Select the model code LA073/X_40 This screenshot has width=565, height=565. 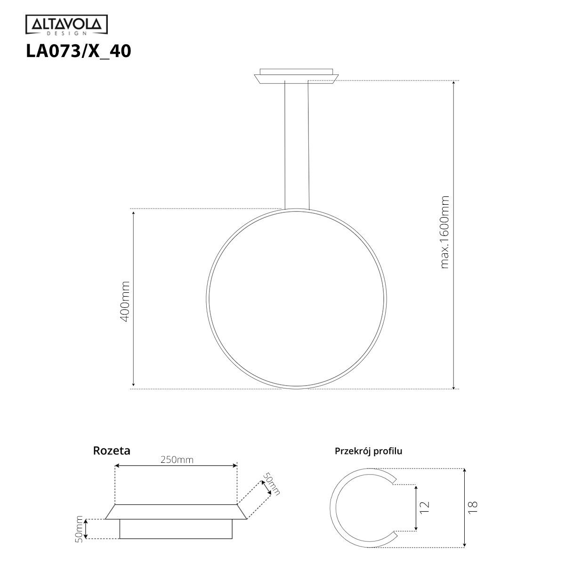coord(78,51)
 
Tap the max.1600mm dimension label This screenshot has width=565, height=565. coord(444,232)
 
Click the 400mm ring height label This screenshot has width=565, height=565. coord(125,301)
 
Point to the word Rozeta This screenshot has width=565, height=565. coord(112,451)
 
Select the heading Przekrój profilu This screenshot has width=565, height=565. coord(368,451)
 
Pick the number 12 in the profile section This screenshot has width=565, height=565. coord(425,507)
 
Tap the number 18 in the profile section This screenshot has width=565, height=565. coord(473,507)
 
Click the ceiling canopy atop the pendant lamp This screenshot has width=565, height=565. coord(296,76)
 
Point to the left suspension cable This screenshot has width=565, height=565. coord(285,144)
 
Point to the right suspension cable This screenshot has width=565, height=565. coord(308,144)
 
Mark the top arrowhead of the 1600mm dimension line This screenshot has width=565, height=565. coord(453,83)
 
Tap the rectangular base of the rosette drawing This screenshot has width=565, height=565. coord(176,529)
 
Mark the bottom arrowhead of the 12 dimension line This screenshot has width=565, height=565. coord(416,528)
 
